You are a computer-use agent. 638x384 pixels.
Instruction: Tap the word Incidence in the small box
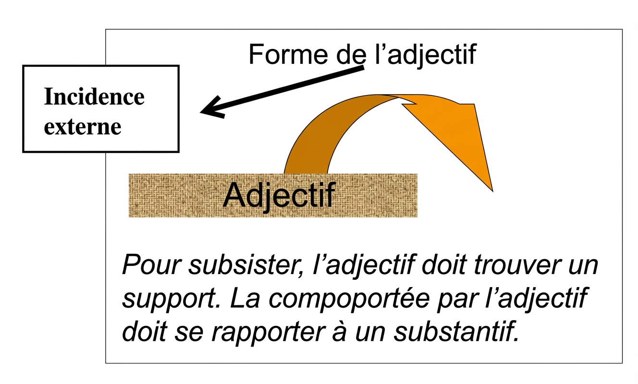[94, 97]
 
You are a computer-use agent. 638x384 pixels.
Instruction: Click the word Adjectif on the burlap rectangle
[279, 194]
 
